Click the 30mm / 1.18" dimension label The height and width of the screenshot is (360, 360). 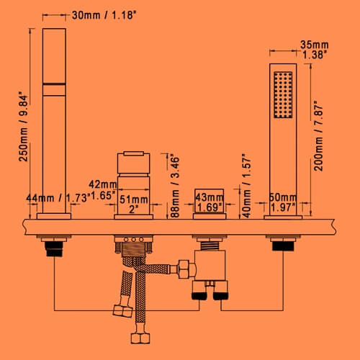coord(104,15)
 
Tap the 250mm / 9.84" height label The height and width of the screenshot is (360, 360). coord(24,127)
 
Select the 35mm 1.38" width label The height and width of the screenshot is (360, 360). coord(315,50)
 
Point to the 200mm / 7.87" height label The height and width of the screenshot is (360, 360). coord(318,135)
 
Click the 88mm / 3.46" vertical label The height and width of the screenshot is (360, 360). coord(175,187)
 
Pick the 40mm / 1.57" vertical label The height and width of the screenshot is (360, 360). coord(246,186)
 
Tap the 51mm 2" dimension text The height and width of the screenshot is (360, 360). coord(134,204)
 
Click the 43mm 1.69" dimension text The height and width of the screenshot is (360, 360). coord(210,202)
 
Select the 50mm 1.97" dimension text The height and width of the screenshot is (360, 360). coord(283,202)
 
